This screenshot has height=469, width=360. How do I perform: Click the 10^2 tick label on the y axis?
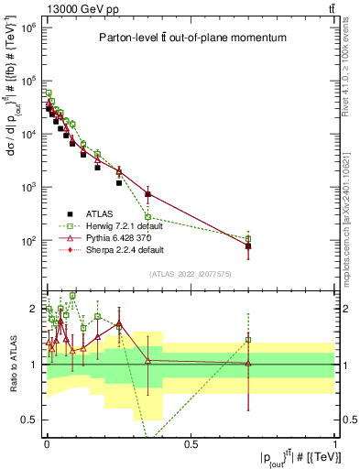30,240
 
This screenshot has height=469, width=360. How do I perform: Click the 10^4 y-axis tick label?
30,134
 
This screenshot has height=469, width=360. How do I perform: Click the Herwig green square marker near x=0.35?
147,217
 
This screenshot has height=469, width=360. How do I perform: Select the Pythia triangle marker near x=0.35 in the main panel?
147,193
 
